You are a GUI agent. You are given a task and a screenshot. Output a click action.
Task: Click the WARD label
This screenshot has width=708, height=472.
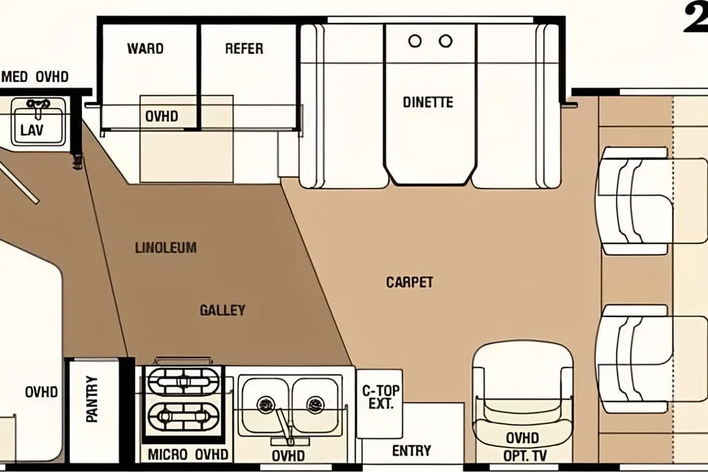145,49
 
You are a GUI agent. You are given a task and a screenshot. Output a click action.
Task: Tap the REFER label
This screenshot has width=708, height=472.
244,49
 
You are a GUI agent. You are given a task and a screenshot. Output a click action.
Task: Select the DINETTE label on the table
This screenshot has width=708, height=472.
428,102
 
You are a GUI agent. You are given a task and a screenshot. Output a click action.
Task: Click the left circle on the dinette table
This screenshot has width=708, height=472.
414,41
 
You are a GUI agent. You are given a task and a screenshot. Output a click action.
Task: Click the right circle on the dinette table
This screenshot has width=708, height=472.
445,41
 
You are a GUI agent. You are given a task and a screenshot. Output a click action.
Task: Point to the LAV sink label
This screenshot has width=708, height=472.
32,131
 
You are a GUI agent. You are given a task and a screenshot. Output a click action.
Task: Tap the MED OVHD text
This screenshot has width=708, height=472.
35,77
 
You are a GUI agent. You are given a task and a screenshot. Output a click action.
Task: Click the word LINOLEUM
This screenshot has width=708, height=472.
166,248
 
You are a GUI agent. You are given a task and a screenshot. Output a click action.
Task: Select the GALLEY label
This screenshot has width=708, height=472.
223,310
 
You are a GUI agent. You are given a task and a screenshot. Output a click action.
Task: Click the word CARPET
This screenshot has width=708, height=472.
409,282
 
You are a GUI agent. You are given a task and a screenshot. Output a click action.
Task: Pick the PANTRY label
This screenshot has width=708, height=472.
92,399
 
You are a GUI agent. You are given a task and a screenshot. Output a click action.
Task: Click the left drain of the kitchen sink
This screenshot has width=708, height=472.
266,404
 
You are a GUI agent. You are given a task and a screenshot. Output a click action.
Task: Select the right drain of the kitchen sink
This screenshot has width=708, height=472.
315,404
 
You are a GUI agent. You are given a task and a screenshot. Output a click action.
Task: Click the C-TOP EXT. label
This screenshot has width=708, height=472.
381,397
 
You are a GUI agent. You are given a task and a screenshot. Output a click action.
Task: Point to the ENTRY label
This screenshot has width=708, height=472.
412,451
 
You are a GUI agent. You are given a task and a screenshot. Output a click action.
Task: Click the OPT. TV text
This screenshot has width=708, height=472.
525,456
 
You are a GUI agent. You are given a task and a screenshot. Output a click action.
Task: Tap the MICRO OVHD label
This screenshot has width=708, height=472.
188,454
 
